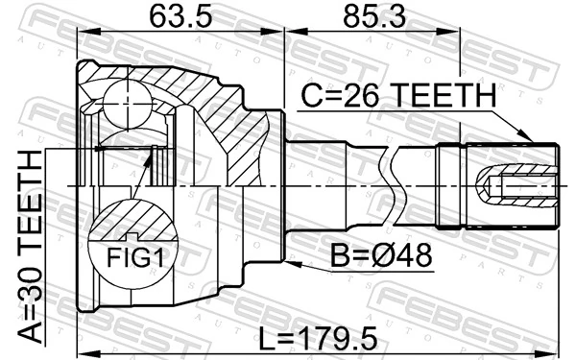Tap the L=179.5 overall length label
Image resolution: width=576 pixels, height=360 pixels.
[x=317, y=338]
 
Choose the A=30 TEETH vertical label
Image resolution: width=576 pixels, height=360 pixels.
[x=29, y=245]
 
